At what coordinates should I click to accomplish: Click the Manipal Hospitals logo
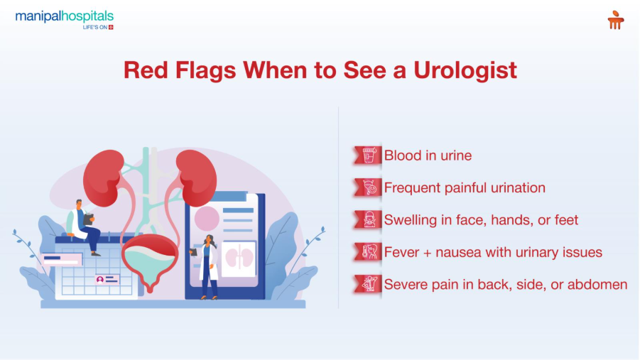(64, 19)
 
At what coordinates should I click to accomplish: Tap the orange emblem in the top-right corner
(615, 20)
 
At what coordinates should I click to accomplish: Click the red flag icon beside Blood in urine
(367, 156)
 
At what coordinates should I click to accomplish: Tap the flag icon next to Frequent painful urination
(367, 187)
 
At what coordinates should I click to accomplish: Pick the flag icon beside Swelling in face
(367, 220)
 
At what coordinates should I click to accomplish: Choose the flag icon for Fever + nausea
(367, 252)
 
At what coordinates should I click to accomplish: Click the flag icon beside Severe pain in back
(367, 285)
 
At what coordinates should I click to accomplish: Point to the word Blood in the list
(402, 156)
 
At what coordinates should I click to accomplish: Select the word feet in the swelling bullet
(564, 220)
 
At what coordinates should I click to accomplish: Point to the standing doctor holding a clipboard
(207, 266)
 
